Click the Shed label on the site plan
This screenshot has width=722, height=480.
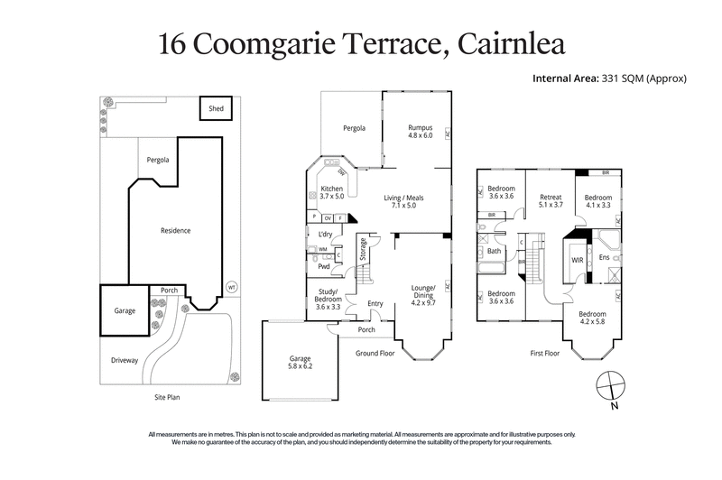point(216,109)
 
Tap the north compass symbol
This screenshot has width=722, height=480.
point(611,384)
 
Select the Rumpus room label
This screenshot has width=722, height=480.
point(421,132)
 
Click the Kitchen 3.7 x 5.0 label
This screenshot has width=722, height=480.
point(332,192)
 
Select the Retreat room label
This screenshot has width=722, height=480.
point(551,201)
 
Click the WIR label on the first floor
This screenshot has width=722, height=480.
point(578,260)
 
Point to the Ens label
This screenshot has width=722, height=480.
point(604,257)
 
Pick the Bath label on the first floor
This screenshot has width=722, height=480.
point(495,252)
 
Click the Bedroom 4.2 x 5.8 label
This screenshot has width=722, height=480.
point(596,318)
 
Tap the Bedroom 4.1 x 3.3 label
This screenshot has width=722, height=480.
point(597,202)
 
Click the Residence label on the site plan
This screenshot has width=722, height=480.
point(175,230)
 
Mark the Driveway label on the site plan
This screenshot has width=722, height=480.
point(125,360)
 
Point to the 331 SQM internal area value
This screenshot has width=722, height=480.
point(625,78)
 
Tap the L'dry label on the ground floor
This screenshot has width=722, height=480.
point(315,234)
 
